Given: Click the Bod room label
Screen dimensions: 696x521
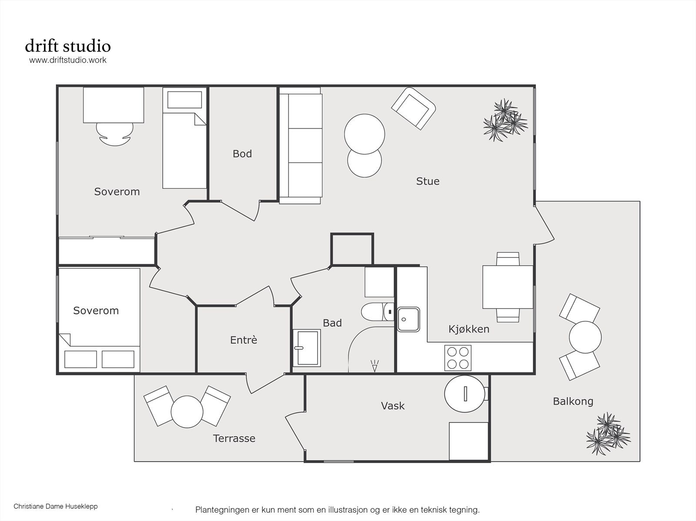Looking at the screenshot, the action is point(242,154).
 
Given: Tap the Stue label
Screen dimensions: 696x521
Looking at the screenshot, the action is point(428,181).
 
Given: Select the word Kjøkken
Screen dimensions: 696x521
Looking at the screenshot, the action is point(469,329).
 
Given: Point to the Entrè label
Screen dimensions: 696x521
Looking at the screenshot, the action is point(244,340).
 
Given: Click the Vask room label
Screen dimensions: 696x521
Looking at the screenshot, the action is point(393,406).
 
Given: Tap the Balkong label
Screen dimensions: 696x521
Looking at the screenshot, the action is point(573,401).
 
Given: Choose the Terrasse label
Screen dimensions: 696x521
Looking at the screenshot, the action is point(234,438).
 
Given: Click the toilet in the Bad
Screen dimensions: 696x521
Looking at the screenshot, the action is point(377,311).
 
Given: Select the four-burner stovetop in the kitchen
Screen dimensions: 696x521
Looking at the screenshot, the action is point(458,358).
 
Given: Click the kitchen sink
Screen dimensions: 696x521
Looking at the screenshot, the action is point(408,320).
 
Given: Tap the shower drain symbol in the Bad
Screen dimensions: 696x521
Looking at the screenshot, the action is point(375,366).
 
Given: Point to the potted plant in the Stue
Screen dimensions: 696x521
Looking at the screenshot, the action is point(505,120).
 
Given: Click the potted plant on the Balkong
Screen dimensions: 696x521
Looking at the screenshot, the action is point(608,434).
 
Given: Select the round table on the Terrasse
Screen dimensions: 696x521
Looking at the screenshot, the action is point(187,412).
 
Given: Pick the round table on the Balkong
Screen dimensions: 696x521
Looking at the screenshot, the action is point(585,337).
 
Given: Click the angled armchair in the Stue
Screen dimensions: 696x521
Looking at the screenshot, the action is point(413,108).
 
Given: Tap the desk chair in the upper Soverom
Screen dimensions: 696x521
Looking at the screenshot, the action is point(114,134).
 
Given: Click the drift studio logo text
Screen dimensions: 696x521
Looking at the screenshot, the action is point(68,46).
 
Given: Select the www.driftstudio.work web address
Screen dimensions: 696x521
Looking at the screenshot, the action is point(68,60).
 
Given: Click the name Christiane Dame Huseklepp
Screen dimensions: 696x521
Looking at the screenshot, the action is point(56,506).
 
